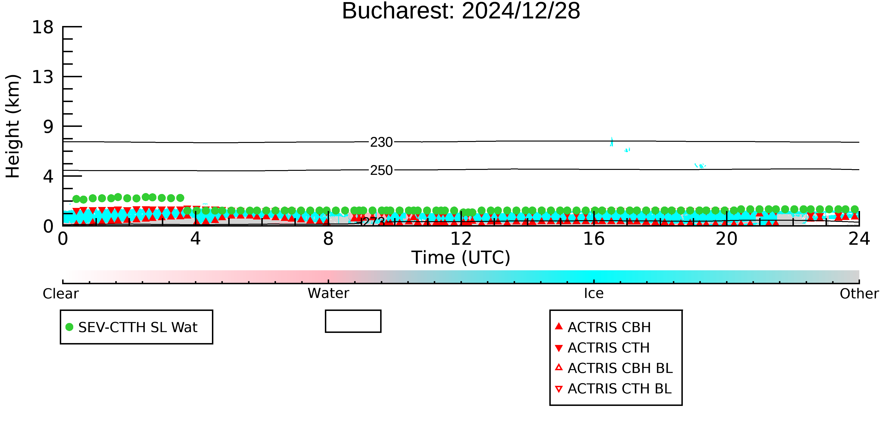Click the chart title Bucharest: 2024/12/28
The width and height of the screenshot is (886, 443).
(x=461, y=11)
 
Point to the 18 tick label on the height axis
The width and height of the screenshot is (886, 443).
(x=43, y=27)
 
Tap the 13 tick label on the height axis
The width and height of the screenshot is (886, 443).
(x=43, y=77)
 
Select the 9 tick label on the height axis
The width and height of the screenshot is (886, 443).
(x=48, y=127)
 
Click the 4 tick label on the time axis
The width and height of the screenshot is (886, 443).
(x=195, y=239)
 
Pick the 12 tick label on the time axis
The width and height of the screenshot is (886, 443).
(x=461, y=239)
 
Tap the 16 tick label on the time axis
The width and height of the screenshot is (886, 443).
(x=594, y=239)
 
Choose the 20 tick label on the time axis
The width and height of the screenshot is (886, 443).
(x=727, y=239)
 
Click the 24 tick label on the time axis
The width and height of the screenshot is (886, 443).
(x=859, y=239)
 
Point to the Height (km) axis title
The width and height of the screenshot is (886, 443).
(x=13, y=126)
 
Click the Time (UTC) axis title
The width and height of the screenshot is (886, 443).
(x=461, y=258)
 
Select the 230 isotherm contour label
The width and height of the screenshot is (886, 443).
(x=381, y=142)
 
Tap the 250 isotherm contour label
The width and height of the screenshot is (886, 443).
(x=381, y=170)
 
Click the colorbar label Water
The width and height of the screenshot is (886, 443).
(x=328, y=293)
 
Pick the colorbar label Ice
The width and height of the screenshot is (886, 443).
(x=594, y=293)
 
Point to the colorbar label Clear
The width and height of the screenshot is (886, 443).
(x=60, y=294)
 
